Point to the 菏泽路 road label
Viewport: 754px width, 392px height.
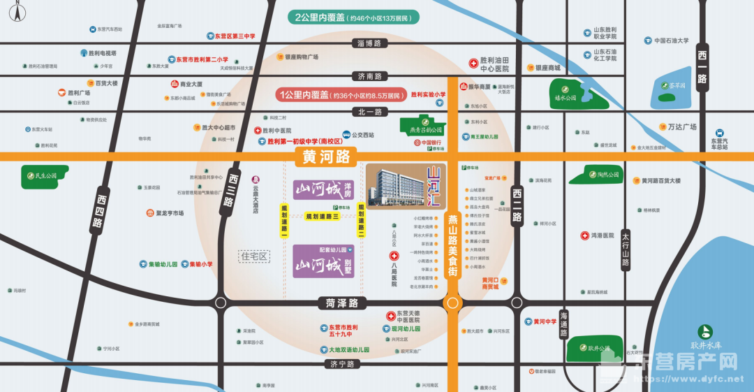(341, 303)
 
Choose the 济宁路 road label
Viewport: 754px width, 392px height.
(342, 364)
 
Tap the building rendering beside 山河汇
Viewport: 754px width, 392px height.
(395, 186)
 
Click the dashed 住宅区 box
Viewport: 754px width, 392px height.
(254, 256)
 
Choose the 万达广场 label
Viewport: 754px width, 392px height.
(677, 126)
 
